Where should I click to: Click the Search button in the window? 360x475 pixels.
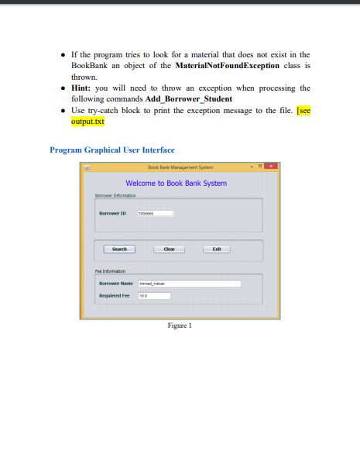[119, 249]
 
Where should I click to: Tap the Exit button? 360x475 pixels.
[217, 249]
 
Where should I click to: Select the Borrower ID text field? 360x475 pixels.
[155, 212]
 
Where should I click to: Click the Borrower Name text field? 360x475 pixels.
[189, 284]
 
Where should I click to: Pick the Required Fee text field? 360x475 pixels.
[153, 295]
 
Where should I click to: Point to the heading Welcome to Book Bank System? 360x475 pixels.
[177, 184]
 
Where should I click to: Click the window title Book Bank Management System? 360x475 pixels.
[180, 167]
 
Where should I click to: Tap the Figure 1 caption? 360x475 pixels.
[180, 325]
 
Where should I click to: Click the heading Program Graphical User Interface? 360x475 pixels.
[111, 150]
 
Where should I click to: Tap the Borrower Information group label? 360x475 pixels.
[114, 196]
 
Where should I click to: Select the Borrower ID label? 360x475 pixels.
[113, 212]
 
